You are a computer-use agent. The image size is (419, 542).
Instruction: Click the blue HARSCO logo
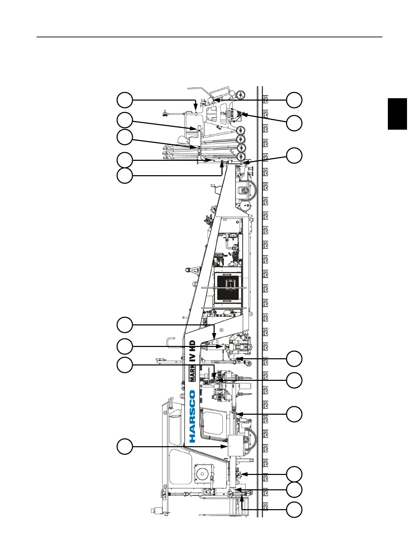192,416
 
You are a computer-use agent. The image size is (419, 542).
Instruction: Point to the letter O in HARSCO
192,394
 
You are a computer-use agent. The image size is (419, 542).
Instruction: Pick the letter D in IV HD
192,343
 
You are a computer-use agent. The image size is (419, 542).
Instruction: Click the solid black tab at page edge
397,114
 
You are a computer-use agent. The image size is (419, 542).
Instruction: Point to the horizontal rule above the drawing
209,37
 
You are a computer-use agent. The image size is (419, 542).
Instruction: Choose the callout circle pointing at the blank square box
124,447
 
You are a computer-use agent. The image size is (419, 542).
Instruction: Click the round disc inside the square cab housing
203,474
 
